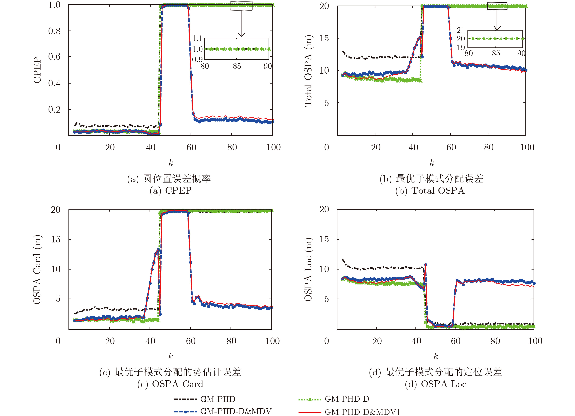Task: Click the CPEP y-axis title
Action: pos(37,70)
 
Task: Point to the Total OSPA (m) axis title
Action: pos(308,71)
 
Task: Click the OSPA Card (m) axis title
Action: pos(37,270)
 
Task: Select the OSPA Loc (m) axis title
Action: pos(308,270)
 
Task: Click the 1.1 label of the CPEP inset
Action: pos(197,38)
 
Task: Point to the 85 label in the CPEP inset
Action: pos(237,66)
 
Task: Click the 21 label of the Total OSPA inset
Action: pos(461,30)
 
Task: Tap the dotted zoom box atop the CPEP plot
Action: pos(241,6)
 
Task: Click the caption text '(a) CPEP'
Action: pos(171,191)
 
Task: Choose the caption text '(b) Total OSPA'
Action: pos(430,191)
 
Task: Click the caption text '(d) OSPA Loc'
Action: pos(435,384)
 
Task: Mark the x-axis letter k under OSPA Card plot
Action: pos(171,356)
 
